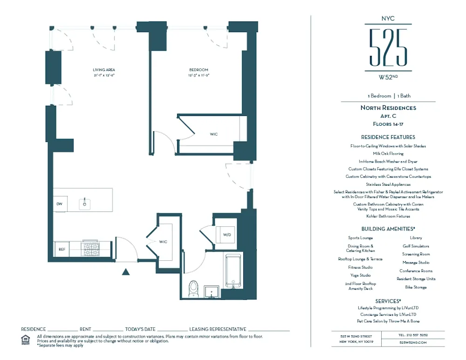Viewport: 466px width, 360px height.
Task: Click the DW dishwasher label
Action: [x=59, y=204]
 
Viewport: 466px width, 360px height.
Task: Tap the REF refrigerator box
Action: [x=61, y=249]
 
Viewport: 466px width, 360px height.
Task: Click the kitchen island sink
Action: [x=85, y=204]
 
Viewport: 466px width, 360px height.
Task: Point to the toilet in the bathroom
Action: [x=193, y=288]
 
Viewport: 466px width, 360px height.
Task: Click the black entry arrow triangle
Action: [x=125, y=272]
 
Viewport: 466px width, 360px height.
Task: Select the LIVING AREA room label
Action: [x=103, y=70]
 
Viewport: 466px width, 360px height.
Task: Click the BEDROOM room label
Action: [x=199, y=70]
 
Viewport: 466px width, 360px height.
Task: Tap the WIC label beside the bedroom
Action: [x=213, y=134]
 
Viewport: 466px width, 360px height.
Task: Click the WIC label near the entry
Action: [x=163, y=242]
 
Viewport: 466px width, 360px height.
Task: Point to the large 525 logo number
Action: [x=388, y=47]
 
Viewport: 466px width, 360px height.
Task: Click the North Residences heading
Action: [x=388, y=108]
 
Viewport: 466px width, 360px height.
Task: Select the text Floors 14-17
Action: [x=388, y=124]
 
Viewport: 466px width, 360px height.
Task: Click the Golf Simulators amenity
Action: [x=416, y=246]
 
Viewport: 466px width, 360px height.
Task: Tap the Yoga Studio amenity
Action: [x=360, y=275]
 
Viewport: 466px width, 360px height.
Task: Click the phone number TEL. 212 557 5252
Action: [x=413, y=335]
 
